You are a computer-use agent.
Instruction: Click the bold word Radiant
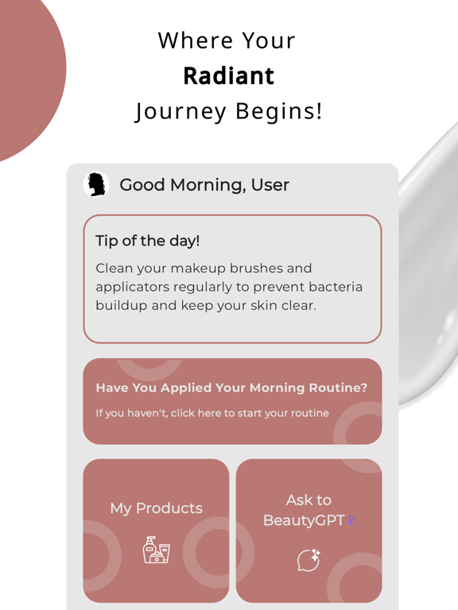pos(228,75)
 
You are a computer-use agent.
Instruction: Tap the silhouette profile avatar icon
pos(97,184)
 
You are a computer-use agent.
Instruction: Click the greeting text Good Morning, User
pos(204,185)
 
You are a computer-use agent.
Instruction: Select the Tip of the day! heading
pos(147,241)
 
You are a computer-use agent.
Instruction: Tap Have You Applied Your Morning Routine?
pos(231,388)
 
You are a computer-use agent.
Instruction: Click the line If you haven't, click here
pos(212,413)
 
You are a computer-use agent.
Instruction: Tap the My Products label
pos(156,508)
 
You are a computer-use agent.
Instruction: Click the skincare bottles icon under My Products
pos(156,550)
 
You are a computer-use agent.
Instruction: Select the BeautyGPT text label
pos(304,520)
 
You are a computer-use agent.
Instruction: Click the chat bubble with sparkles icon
pos(309,560)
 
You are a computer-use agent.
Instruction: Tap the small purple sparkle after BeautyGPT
pos(351,520)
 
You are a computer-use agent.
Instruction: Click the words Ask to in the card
pos(309,500)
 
